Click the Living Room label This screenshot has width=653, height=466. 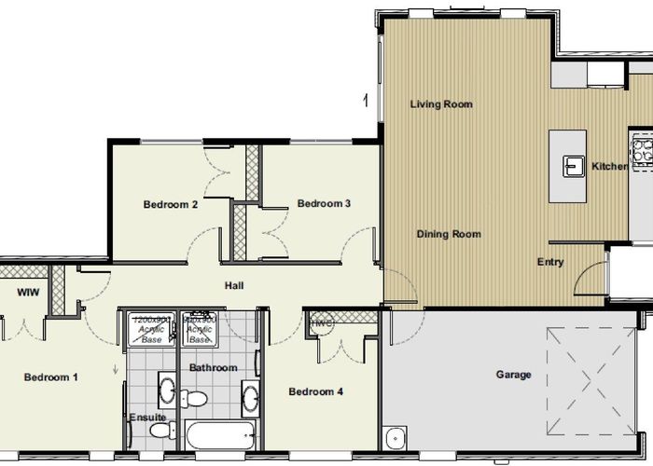coord(441,104)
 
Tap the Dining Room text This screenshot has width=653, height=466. coord(449,234)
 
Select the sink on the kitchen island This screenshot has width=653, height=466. coord(571,166)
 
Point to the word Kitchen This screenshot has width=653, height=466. coord(610,167)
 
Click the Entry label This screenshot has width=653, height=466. coord(550,262)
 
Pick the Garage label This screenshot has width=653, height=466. coord(513,375)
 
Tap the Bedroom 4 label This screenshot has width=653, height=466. coord(315,391)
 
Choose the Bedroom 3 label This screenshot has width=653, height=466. coord(324,203)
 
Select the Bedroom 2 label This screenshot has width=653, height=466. coord(171,205)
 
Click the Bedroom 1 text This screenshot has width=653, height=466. coord(51,377)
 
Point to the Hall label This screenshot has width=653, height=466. coord(234,285)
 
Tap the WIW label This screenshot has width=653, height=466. coord(26,293)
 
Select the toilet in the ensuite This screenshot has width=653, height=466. coord(159,432)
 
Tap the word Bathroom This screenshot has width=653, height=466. coord(214,368)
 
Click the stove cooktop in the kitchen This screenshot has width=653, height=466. coord(643,153)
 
